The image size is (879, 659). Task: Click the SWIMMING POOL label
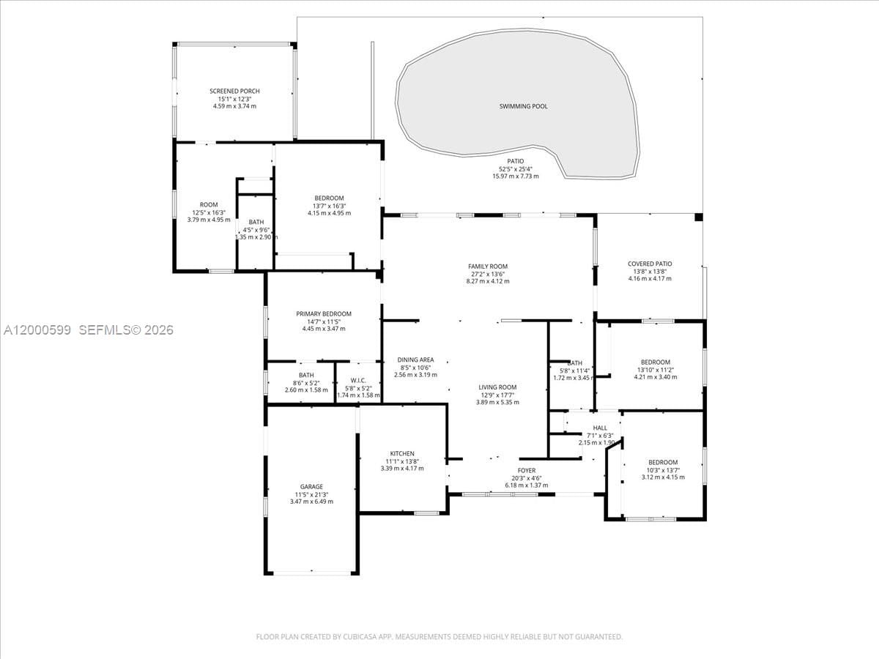[x=523, y=106]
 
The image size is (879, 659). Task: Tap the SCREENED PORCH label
[x=234, y=92]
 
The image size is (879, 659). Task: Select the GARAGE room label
[x=311, y=487]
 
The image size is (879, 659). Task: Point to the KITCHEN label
[x=401, y=454]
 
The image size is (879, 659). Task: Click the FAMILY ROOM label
[x=488, y=267]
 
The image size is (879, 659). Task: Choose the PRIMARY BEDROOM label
[x=324, y=313]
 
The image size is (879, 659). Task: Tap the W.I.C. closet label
[x=358, y=380]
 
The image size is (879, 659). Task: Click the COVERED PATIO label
[x=650, y=264]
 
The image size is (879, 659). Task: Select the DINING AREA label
[x=415, y=360]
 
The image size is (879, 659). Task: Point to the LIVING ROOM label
[x=497, y=387]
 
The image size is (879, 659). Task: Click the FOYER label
[x=527, y=471]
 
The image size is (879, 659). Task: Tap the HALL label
[x=600, y=428]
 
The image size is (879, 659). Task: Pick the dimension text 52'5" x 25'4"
[x=516, y=168]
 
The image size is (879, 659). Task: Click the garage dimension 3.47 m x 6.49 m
[x=311, y=502]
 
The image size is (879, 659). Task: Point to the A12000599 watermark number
[x=37, y=330]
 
